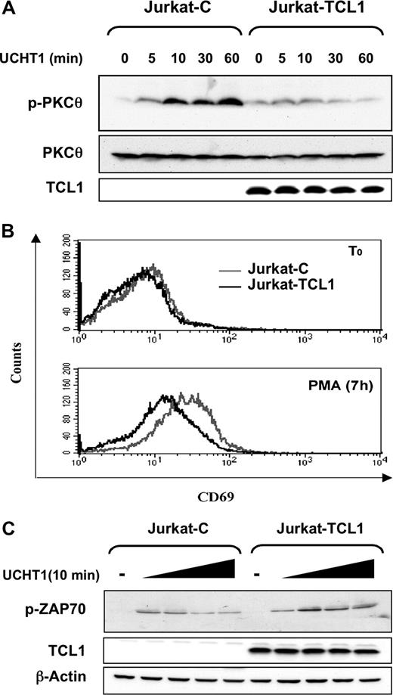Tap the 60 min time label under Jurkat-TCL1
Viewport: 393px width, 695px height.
(366, 57)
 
